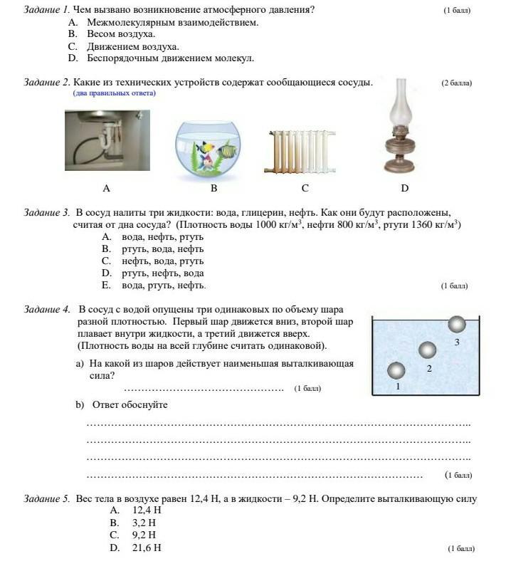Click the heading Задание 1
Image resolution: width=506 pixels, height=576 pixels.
pyautogui.click(x=46, y=10)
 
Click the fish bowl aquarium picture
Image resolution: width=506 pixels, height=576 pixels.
pyautogui.click(x=214, y=146)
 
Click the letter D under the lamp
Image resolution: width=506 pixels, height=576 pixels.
pyautogui.click(x=404, y=189)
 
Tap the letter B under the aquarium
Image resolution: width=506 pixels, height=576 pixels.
pyautogui.click(x=214, y=189)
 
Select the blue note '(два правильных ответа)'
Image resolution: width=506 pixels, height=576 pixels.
pyautogui.click(x=114, y=93)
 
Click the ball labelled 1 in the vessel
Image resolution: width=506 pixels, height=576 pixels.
pyautogui.click(x=396, y=370)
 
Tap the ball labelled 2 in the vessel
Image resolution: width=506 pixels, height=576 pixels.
pyautogui.click(x=427, y=350)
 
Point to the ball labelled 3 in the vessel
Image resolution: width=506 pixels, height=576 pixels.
pyautogui.click(x=457, y=325)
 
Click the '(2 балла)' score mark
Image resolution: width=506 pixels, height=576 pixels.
pyautogui.click(x=456, y=83)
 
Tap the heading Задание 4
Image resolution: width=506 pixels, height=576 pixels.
pyautogui.click(x=46, y=309)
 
